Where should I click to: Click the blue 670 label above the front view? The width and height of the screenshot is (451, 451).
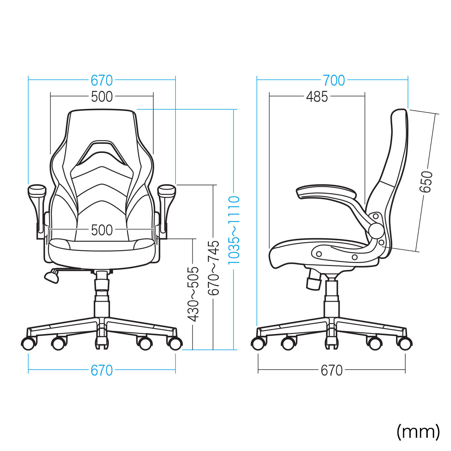pos(102,81)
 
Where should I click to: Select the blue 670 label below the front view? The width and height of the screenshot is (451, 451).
pos(102,370)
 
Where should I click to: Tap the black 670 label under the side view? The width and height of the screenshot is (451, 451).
pos(332,370)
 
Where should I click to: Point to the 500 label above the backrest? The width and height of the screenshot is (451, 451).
pos(102,97)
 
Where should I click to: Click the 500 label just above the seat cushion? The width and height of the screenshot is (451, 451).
pos(102,230)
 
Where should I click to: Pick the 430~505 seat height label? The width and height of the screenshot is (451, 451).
pos(193,294)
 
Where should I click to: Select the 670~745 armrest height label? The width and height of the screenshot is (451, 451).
pos(214,267)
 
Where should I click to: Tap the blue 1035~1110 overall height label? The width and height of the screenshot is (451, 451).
pos(234,230)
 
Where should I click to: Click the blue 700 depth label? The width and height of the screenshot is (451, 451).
pos(334,81)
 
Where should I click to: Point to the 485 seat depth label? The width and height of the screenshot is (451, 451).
pos(317,97)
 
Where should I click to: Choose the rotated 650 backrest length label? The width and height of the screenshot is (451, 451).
pos(426,182)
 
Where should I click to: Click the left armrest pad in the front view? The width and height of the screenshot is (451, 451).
pos(37,191)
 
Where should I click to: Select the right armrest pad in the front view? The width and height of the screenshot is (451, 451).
pos(167,191)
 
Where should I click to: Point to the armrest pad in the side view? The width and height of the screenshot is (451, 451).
pos(326,192)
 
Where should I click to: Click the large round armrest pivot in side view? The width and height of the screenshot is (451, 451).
pos(376,230)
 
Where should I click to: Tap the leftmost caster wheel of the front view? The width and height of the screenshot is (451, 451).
pos(29,343)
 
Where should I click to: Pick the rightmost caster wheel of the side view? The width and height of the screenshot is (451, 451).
pos(405,343)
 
